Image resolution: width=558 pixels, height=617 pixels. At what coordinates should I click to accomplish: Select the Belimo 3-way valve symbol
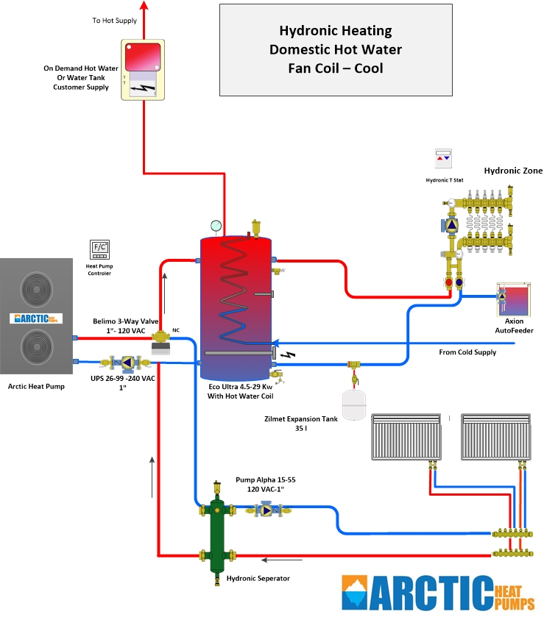(160, 339)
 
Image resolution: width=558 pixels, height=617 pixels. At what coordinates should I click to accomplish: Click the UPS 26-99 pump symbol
(126, 363)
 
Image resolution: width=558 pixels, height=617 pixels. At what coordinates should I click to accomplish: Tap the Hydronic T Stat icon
(442, 158)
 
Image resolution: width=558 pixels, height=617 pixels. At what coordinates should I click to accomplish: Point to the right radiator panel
(492, 436)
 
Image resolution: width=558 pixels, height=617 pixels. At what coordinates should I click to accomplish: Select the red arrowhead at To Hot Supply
(144, 6)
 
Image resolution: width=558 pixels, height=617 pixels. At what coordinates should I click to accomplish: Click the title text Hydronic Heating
(335, 32)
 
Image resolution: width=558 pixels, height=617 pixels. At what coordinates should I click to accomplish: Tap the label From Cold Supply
(467, 352)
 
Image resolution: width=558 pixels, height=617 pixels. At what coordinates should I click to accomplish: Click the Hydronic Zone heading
(513, 171)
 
